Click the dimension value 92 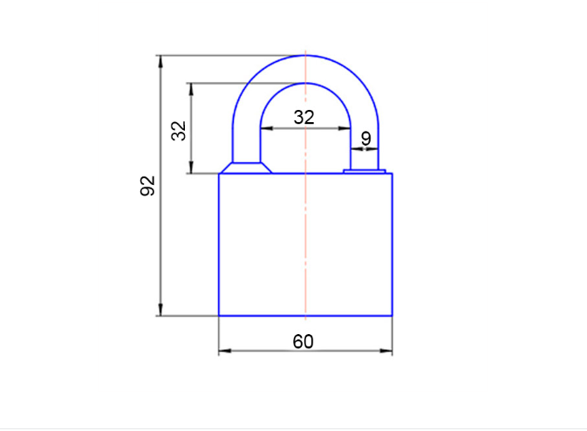click(x=147, y=186)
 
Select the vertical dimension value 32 click(x=179, y=131)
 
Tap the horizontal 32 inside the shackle click(x=304, y=118)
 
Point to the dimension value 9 click(x=365, y=139)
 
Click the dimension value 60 click(x=303, y=341)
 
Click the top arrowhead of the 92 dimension click(x=160, y=61)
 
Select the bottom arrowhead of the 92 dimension click(x=160, y=310)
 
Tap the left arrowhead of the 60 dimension click(x=225, y=351)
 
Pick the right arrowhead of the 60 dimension click(x=386, y=351)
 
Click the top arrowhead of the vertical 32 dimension click(x=191, y=89)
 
